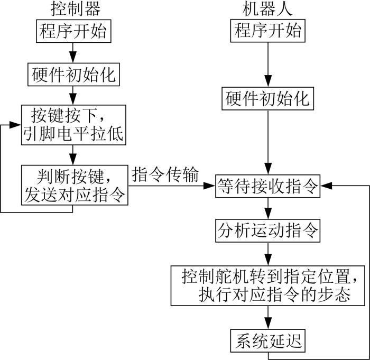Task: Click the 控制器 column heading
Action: pyautogui.click(x=76, y=9)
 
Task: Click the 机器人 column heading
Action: pyautogui.click(x=267, y=9)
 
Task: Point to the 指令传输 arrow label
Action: pyautogui.click(x=165, y=174)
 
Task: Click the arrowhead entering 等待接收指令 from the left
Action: pyautogui.click(x=209, y=186)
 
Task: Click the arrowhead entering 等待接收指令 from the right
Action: pyautogui.click(x=326, y=186)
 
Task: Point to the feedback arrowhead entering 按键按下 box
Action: pyautogui.click(x=15, y=125)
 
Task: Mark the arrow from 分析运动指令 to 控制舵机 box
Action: pyautogui.click(x=268, y=254)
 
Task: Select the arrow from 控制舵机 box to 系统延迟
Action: pyautogui.click(x=268, y=318)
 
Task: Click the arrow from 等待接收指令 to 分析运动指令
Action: pyautogui.click(x=268, y=208)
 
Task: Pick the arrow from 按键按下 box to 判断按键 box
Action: pyautogui.click(x=73, y=155)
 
